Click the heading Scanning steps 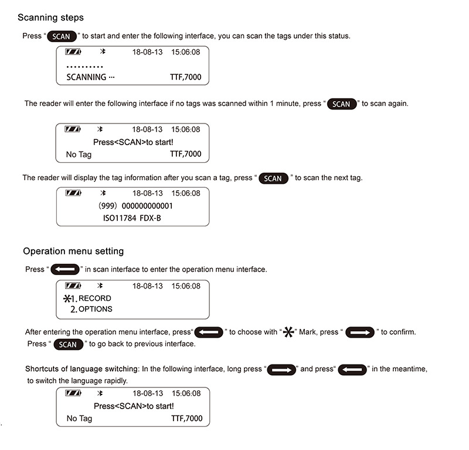tap(50, 18)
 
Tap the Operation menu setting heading tap(73, 251)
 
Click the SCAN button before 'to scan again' tap(341, 104)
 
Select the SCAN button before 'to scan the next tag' tap(273, 178)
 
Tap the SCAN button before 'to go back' tap(68, 344)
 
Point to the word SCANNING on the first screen tap(86, 77)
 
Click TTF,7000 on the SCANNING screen tap(185, 77)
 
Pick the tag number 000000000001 tap(148, 206)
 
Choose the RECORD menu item tap(95, 298)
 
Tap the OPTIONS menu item tap(95, 309)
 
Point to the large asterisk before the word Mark tap(288, 332)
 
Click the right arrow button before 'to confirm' tap(360, 332)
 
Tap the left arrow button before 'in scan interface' tap(64, 270)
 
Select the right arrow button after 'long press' tap(283, 370)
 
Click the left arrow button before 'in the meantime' tap(353, 370)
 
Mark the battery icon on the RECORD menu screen tap(73, 286)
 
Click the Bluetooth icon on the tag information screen tap(100, 193)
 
